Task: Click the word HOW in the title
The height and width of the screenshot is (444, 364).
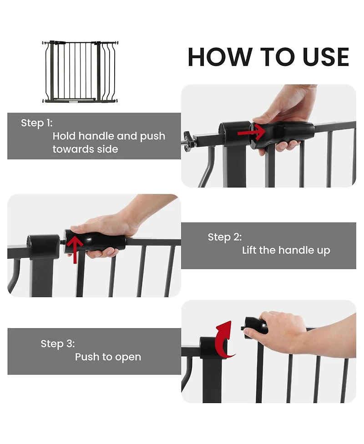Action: pos(219,57)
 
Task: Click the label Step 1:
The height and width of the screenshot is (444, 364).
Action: pos(37,123)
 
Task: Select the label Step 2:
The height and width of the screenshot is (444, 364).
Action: pos(225,237)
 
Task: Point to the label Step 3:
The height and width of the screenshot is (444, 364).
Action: pos(58,344)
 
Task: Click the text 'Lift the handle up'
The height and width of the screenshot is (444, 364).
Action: pos(286,250)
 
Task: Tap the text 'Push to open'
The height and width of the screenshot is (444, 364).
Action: pos(108,357)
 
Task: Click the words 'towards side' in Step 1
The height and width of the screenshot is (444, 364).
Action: pos(85,149)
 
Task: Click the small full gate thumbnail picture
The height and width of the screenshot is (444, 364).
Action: pos(80,71)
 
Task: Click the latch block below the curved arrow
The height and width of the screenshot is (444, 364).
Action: pos(211,348)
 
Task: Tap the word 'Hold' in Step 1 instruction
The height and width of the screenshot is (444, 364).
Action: pos(64,136)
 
